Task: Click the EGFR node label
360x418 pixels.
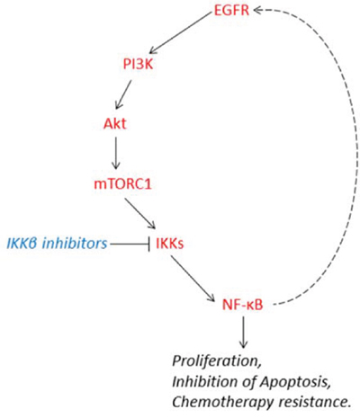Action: (231, 10)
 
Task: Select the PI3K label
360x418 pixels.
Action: (138, 64)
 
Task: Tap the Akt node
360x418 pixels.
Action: (115, 123)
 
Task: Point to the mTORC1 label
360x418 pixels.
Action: (122, 183)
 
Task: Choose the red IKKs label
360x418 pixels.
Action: (170, 244)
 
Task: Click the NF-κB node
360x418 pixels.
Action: (242, 305)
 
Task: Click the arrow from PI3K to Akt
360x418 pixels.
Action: (123, 94)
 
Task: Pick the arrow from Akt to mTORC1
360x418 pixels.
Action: (116, 154)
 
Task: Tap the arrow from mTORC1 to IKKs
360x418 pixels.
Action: (140, 214)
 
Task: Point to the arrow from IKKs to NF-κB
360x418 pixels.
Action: (193, 279)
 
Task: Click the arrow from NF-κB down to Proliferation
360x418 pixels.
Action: (243, 333)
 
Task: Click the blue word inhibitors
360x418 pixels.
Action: (75, 244)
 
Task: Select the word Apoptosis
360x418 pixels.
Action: (295, 382)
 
